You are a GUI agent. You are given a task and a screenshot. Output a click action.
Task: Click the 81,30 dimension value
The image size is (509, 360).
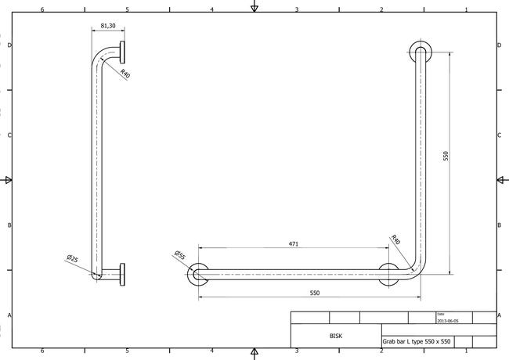108,26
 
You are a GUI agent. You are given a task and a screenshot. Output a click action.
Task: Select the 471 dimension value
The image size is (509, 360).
294,244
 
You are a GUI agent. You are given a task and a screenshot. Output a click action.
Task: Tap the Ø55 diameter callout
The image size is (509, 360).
179,255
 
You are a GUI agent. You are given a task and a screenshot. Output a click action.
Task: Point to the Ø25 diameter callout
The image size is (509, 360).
72,258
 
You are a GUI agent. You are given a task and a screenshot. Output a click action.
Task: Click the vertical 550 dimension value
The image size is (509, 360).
446,156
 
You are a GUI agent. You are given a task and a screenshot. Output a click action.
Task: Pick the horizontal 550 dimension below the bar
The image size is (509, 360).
315,293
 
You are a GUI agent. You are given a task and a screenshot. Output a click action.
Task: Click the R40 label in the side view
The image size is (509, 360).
125,74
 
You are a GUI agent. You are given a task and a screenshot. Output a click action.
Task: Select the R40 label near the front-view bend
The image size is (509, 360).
395,239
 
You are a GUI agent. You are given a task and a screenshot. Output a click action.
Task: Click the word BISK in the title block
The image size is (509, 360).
336,336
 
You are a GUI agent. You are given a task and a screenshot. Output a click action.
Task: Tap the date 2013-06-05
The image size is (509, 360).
448,321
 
